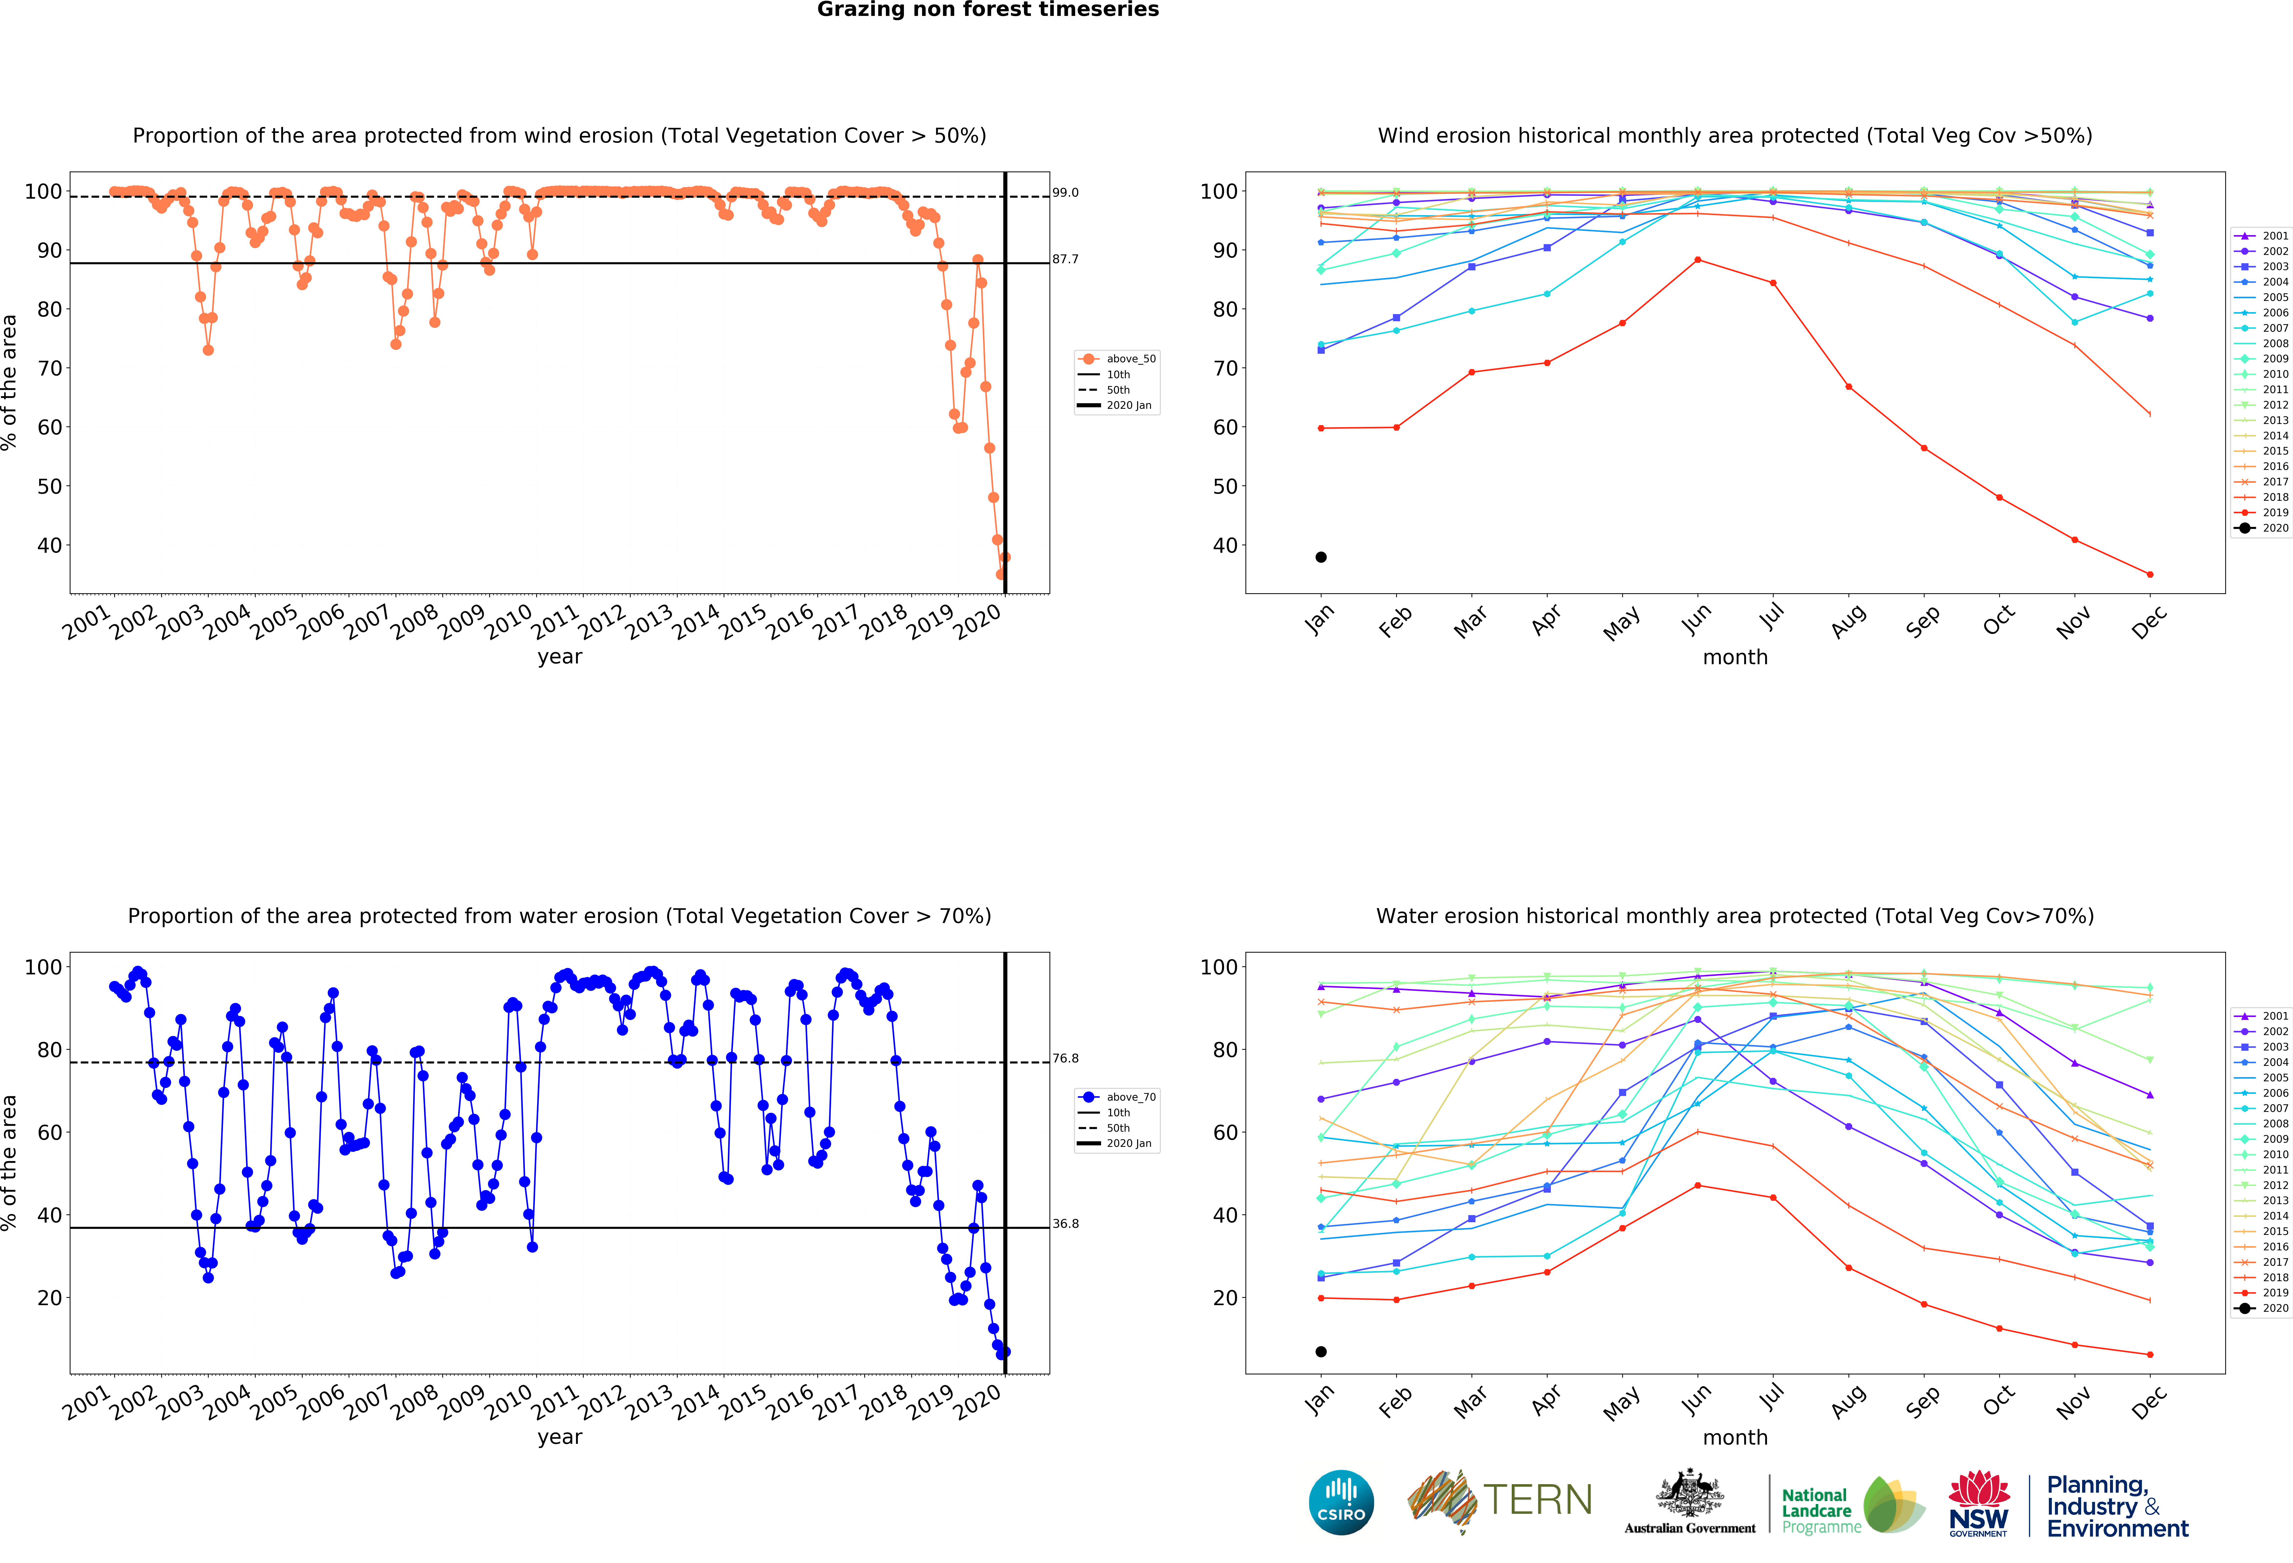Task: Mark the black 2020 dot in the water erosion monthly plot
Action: coord(1321,1352)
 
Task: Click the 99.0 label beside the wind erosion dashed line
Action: coord(1066,193)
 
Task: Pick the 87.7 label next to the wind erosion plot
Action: coord(1066,260)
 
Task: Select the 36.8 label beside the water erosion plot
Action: coord(1066,1223)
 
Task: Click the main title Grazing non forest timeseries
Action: coord(988,10)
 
